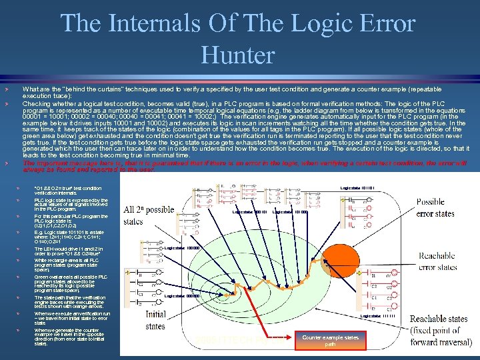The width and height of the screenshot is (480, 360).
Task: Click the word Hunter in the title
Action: click(x=238, y=54)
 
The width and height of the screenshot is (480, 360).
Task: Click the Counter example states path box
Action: click(x=330, y=341)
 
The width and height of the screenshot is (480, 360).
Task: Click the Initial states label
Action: click(x=155, y=319)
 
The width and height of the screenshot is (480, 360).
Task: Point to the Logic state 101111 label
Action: click(x=377, y=316)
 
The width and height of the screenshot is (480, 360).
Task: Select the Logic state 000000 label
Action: click(x=182, y=296)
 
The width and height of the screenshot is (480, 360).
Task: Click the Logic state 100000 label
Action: click(x=182, y=248)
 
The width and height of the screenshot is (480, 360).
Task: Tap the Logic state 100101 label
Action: click(x=249, y=212)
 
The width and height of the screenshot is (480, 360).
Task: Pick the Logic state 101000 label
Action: click(x=290, y=212)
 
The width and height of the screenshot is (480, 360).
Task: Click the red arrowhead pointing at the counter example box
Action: click(x=298, y=337)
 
